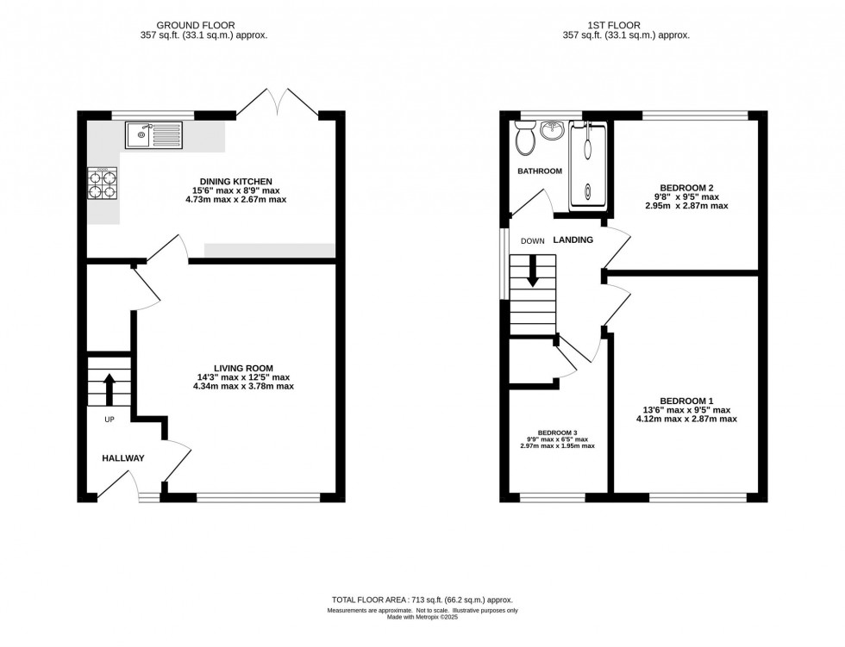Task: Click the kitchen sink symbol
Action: coord(153,135)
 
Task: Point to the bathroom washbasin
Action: coord(552,132)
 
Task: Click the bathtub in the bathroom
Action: coord(588,164)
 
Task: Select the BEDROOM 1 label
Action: coord(686,401)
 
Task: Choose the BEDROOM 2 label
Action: coord(686,187)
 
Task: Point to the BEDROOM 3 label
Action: coord(556,432)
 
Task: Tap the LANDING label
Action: coord(573,240)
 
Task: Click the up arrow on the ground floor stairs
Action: coord(109,387)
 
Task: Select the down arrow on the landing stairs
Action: coord(532,272)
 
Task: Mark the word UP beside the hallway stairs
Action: coord(110,420)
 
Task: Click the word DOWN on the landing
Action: coord(532,241)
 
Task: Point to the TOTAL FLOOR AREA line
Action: coord(422,599)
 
